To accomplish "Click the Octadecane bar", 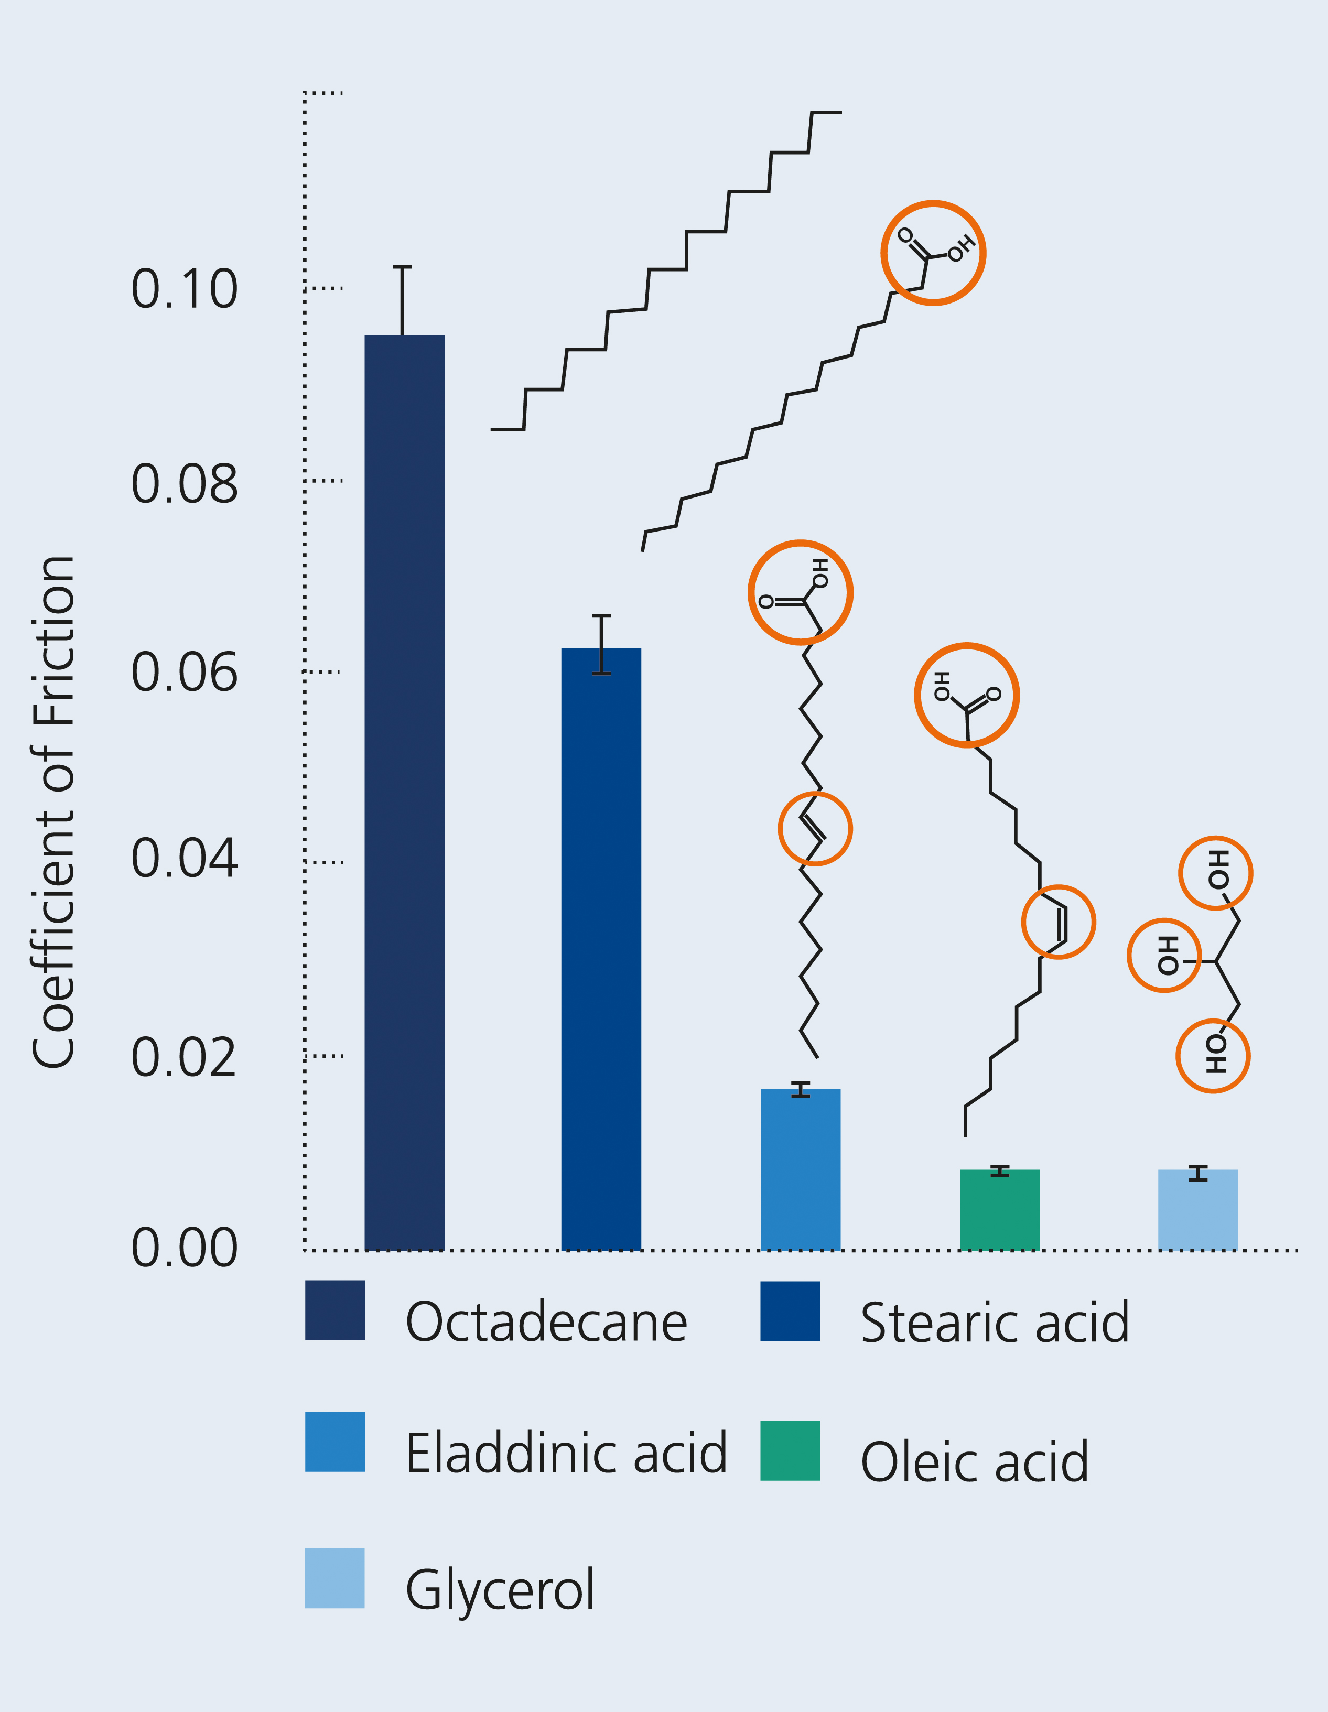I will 405,792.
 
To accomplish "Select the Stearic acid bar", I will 601,948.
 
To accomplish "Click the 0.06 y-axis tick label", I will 184,673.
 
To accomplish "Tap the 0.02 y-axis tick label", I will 184,1057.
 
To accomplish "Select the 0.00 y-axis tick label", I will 184,1248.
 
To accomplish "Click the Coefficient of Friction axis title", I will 53,811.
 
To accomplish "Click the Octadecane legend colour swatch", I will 334,1310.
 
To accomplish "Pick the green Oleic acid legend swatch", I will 790,1450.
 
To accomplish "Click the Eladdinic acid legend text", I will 566,1453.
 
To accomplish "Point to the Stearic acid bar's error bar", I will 601,644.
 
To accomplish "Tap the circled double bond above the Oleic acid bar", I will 1059,922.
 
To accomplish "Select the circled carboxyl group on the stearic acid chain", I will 933,253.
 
